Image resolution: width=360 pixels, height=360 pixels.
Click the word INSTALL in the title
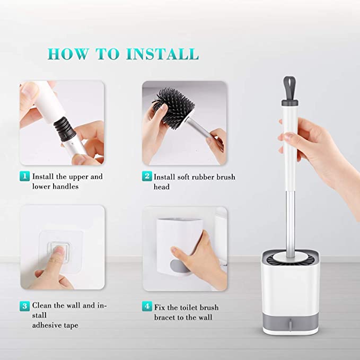coord(162,54)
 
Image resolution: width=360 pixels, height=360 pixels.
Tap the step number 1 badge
coord(24,177)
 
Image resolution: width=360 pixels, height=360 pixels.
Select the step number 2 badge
coord(147,177)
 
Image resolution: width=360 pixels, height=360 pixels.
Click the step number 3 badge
coord(24,306)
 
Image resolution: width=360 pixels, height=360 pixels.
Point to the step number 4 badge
coord(147,306)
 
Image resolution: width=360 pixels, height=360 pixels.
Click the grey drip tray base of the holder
coord(290,322)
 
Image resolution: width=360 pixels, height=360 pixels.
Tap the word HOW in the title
coord(68,54)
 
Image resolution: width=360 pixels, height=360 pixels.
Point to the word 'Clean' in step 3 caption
coord(42,305)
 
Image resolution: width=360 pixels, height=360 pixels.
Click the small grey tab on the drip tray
coord(291,324)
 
